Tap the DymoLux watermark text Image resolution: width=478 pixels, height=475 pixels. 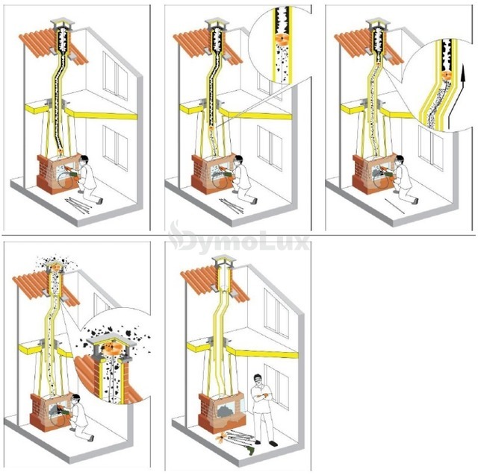click(x=240, y=239)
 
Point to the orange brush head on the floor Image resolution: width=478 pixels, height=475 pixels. click(x=220, y=438)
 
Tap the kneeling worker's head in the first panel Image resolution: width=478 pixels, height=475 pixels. click(x=84, y=160)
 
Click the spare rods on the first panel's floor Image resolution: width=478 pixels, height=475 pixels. click(x=78, y=204)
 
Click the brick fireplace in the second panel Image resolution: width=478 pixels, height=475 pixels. click(x=211, y=174)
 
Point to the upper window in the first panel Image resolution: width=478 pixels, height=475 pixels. click(x=115, y=76)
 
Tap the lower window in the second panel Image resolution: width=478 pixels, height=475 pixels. click(x=270, y=148)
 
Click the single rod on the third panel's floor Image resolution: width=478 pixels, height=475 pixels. click(x=394, y=206)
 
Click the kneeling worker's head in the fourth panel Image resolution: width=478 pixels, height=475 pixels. click(x=75, y=399)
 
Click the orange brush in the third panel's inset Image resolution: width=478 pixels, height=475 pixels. click(x=446, y=75)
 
